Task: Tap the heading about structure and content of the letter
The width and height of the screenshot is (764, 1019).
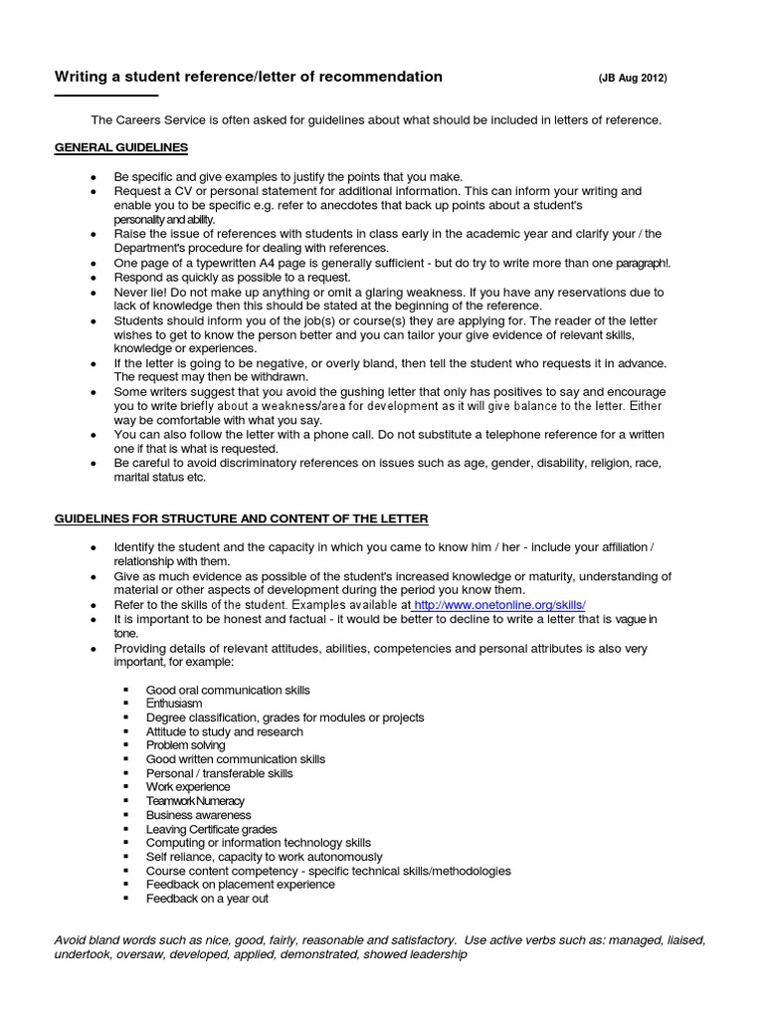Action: click(x=242, y=519)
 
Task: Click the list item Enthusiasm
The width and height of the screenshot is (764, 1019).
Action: click(x=174, y=704)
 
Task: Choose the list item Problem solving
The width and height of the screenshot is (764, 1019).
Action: click(x=185, y=745)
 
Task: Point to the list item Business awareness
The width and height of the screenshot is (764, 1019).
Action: click(x=198, y=815)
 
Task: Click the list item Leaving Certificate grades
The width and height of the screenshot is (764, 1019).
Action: click(x=211, y=829)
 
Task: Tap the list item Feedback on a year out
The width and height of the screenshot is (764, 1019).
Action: click(x=207, y=899)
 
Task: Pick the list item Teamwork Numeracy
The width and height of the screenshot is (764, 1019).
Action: click(x=194, y=801)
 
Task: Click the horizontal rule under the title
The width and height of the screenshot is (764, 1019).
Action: click(x=105, y=95)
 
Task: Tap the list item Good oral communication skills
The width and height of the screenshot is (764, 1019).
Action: click(x=228, y=690)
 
